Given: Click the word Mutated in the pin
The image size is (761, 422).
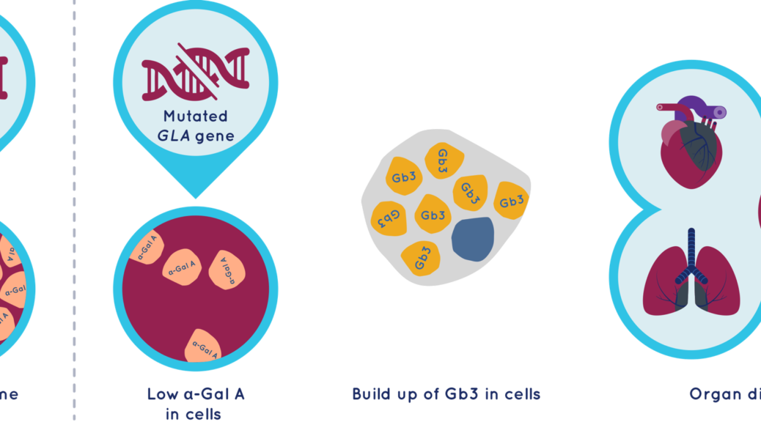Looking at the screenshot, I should [195, 116].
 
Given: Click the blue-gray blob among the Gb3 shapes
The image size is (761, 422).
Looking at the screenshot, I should [474, 238].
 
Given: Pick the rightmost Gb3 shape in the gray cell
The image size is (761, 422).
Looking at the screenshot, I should [512, 199].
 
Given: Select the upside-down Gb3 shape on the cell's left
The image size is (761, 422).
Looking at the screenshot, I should [389, 216].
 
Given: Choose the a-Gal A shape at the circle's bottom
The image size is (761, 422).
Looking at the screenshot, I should [207, 344].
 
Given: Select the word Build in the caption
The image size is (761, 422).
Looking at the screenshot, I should [376, 395].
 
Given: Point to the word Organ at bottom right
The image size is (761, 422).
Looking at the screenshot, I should [716, 396].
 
